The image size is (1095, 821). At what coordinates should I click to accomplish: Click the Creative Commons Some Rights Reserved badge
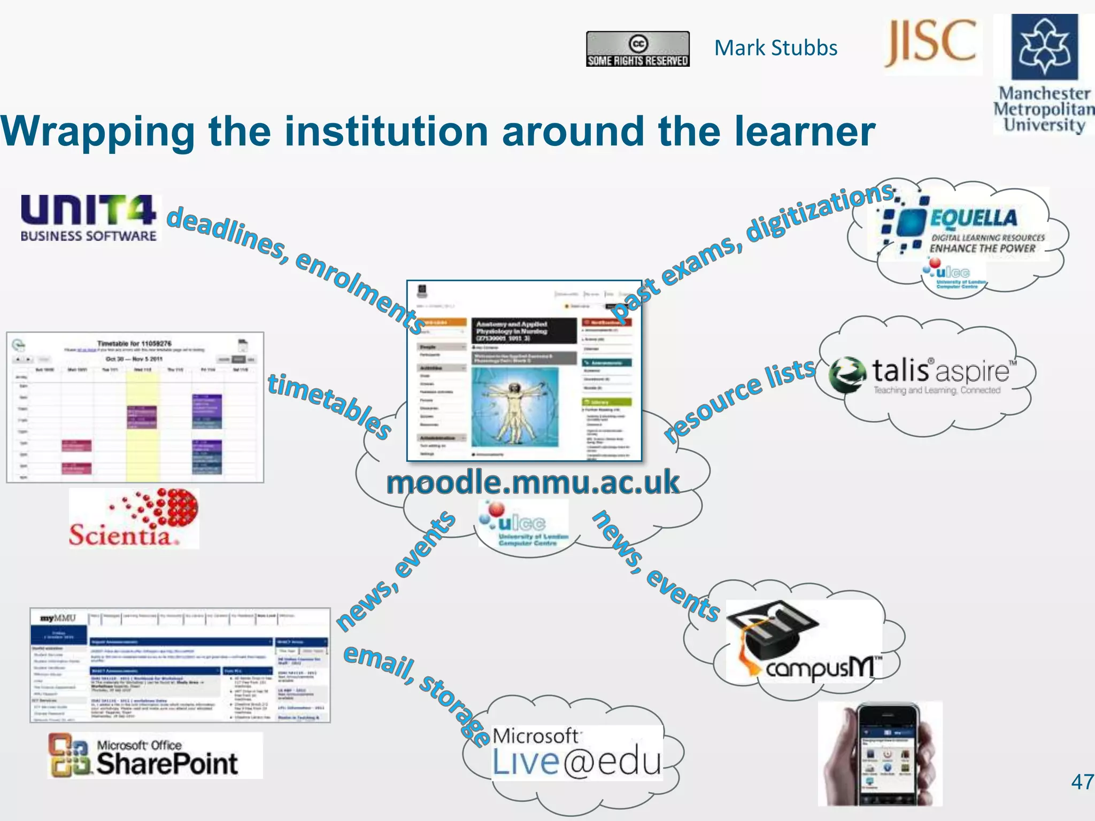click(637, 49)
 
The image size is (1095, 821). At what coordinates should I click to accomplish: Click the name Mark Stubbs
click(775, 48)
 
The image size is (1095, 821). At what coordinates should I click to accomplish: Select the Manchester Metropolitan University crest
click(1044, 47)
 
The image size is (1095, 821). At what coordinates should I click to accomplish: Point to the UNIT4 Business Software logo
click(88, 218)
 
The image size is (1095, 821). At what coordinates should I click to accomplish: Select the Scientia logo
click(134, 518)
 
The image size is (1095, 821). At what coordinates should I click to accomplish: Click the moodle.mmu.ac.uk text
click(533, 482)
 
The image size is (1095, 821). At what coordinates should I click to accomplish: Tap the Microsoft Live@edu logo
click(576, 753)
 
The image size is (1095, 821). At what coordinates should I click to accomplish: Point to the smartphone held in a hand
click(882, 754)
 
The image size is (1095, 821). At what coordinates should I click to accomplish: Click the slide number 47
click(1082, 782)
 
